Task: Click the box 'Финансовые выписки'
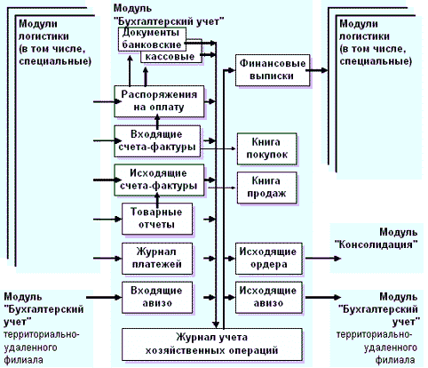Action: click(273, 70)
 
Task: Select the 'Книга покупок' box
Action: click(266, 148)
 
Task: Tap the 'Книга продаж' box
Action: click(266, 188)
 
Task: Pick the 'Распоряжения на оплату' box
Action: click(159, 101)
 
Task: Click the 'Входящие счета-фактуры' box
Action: click(157, 141)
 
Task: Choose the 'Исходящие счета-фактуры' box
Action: click(159, 180)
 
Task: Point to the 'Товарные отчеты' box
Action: click(157, 219)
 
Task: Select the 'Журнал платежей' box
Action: click(157, 259)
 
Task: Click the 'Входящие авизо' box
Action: click(157, 297)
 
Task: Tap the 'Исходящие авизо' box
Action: click(269, 297)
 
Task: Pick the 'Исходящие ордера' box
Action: click(269, 259)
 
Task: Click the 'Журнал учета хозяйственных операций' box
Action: click(212, 344)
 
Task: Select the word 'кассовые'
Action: click(170, 57)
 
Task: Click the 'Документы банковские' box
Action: click(152, 39)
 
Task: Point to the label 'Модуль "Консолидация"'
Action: click(376, 238)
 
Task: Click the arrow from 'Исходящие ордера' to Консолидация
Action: click(323, 259)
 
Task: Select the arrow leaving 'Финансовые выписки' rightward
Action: click(317, 70)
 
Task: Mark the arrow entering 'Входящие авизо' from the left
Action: click(104, 297)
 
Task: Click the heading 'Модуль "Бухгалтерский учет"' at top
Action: click(169, 15)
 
